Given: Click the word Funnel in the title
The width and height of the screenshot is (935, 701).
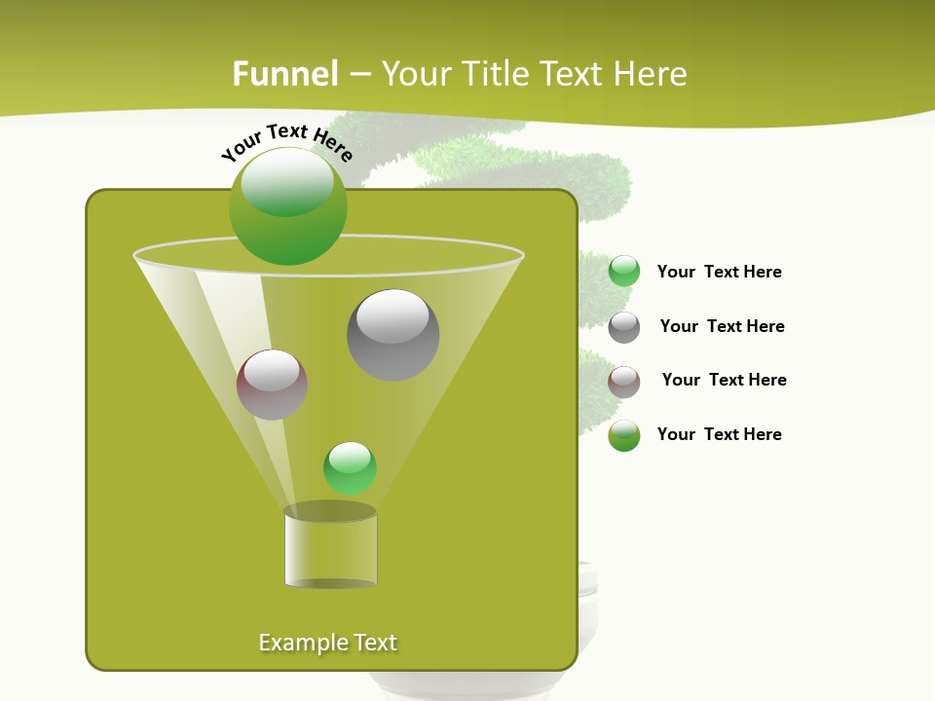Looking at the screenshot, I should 285,74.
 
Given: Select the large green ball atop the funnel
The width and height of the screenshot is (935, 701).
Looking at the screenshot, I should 287,205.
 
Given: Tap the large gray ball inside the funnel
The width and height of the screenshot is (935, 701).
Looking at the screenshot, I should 393,335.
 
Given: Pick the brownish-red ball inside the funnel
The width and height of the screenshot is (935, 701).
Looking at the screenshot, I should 272,385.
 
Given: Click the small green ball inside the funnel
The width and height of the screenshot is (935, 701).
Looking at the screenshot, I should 350,467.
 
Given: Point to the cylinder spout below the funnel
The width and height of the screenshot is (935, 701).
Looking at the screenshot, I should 330,548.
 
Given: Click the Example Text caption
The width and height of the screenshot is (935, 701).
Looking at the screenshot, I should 328,643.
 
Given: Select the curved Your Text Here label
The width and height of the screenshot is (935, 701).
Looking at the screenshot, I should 287,142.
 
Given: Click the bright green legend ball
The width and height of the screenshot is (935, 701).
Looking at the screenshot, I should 624,272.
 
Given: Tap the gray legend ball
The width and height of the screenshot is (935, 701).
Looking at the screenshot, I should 624,327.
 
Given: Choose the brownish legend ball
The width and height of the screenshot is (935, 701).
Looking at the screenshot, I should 624,382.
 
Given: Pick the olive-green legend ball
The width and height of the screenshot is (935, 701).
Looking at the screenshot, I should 624,435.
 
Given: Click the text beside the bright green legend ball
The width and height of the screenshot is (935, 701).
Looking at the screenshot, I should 719,272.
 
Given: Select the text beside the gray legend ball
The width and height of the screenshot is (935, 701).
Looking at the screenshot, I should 722,326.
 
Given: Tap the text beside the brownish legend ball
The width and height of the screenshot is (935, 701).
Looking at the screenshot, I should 724,380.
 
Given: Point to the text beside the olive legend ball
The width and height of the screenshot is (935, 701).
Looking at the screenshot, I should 719,434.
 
